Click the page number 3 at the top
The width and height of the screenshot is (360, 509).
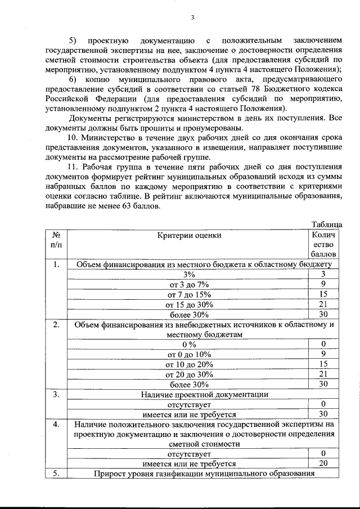192,17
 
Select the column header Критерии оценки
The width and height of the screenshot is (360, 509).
189,236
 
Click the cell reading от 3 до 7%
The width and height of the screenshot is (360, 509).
188,284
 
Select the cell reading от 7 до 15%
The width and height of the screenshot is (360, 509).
188,294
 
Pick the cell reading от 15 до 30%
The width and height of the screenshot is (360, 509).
188,304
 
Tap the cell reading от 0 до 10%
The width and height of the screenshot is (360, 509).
188,354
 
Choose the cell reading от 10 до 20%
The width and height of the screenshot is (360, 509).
188,364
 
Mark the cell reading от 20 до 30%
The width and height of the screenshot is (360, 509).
188,375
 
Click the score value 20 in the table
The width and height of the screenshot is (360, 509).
323,463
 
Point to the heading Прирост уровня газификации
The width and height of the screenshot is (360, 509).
203,474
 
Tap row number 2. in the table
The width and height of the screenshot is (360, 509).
56,325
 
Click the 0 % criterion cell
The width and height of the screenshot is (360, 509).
188,344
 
